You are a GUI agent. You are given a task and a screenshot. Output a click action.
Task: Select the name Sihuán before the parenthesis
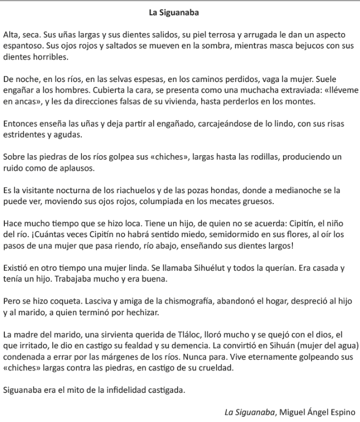coord(281,345)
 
